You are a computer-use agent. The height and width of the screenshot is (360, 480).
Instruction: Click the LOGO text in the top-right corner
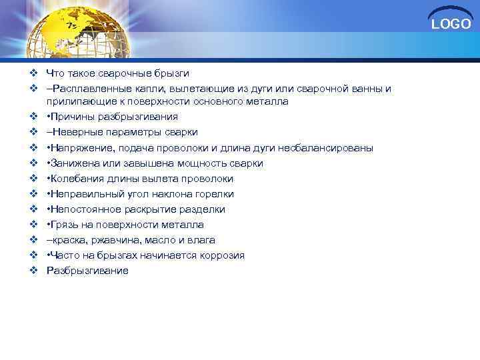[x=451, y=25]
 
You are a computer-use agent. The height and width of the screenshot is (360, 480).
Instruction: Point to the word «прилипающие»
[x=75, y=101]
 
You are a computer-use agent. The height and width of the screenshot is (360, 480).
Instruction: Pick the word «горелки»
[x=217, y=194]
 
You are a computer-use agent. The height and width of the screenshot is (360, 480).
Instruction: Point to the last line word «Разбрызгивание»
[x=87, y=271]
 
